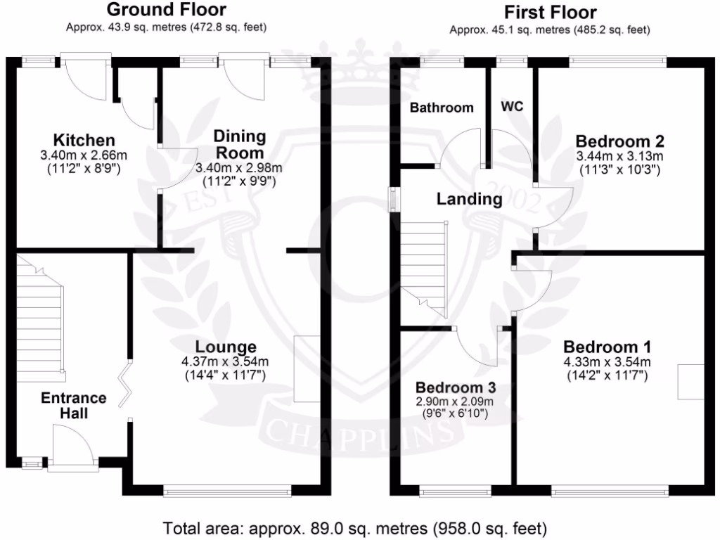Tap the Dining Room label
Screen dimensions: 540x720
[240, 144]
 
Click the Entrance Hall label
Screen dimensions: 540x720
[74, 406]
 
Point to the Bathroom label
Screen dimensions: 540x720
[442, 108]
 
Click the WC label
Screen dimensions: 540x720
[512, 107]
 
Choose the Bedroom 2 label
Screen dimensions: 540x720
[620, 140]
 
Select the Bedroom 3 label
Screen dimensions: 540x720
[456, 387]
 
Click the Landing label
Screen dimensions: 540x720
[470, 199]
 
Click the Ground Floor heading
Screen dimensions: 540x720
[167, 10]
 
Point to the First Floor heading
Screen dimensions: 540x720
[551, 12]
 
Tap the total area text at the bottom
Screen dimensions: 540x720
[354, 527]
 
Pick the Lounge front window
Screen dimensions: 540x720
[226, 490]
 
